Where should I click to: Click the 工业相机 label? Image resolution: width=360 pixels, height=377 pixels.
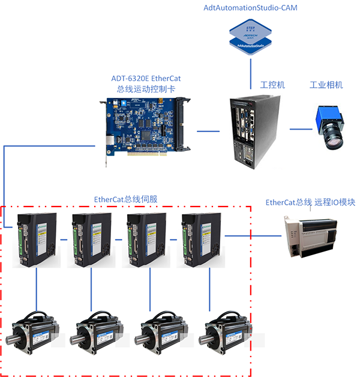click(x=326, y=85)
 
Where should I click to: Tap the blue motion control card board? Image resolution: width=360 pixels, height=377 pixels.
click(x=144, y=129)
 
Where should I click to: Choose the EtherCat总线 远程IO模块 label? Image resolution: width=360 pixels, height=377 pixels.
click(x=310, y=202)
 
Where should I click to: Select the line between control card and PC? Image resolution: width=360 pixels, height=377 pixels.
click(x=208, y=130)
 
